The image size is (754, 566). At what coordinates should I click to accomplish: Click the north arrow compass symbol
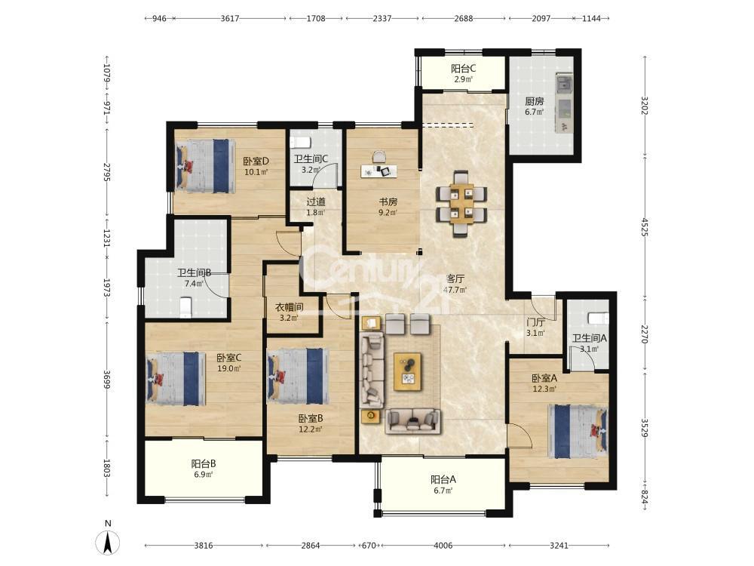pyautogui.click(x=108, y=543)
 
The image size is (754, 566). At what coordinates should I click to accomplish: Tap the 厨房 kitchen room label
pyautogui.click(x=535, y=102)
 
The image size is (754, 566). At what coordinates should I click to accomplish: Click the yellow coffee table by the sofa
pyautogui.click(x=408, y=371)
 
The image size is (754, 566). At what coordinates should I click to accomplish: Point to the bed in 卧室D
pyautogui.click(x=205, y=166)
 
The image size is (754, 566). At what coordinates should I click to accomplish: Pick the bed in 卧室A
pyautogui.click(x=578, y=431)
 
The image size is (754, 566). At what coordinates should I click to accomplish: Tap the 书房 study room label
pyautogui.click(x=388, y=201)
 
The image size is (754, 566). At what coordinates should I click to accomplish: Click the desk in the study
pyautogui.click(x=379, y=171)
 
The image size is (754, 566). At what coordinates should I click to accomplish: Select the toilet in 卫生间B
pyautogui.click(x=185, y=307)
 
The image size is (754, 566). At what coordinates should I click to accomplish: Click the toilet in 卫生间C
pyautogui.click(x=300, y=142)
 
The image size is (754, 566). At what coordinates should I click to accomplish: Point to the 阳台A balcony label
pyautogui.click(x=443, y=479)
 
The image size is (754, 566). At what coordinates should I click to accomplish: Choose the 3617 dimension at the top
pyautogui.click(x=230, y=18)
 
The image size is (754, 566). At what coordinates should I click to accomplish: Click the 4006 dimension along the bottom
pyautogui.click(x=443, y=546)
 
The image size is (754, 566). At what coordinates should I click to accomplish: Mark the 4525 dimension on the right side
pyautogui.click(x=645, y=233)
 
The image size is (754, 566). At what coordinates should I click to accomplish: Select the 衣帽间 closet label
pyautogui.click(x=289, y=306)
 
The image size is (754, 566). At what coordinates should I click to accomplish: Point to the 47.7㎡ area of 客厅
pyautogui.click(x=455, y=290)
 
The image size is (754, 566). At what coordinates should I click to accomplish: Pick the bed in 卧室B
pyautogui.click(x=299, y=376)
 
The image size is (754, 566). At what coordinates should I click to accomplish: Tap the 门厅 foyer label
pyautogui.click(x=535, y=322)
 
